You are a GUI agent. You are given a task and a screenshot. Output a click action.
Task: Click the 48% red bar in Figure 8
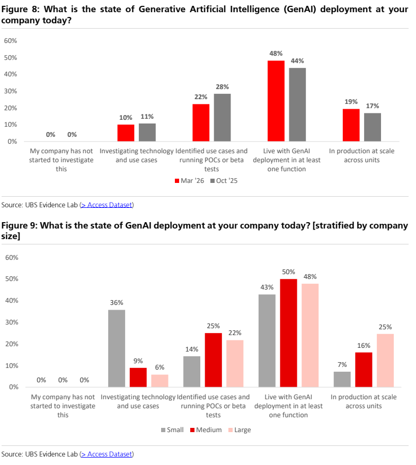276,101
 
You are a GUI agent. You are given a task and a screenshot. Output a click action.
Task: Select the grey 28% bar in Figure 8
222,117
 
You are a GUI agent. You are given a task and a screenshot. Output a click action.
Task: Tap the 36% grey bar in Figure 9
117,348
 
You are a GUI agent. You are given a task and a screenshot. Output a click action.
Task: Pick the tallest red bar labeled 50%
289,333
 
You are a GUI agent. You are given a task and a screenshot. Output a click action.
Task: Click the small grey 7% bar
342,379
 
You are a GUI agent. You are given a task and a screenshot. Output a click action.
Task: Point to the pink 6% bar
160,381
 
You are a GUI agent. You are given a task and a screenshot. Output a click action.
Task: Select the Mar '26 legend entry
189,181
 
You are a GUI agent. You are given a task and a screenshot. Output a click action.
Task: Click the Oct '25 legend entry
224,181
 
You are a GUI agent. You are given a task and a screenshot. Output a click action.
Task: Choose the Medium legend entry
206,429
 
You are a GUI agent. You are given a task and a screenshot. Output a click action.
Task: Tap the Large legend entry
240,429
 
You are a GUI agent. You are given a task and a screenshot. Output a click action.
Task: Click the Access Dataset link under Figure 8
107,205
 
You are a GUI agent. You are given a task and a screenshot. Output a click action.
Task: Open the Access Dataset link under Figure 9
107,454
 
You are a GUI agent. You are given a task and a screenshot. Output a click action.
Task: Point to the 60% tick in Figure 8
11,41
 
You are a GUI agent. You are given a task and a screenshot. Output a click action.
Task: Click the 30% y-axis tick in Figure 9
12,322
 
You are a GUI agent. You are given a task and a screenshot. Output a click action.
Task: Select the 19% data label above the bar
351,102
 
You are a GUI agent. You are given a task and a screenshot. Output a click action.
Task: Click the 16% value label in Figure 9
364,346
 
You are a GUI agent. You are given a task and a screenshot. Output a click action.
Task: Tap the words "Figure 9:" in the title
20,226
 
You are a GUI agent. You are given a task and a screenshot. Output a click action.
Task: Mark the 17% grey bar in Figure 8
373,127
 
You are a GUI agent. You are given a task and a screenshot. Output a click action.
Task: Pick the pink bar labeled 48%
310,335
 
